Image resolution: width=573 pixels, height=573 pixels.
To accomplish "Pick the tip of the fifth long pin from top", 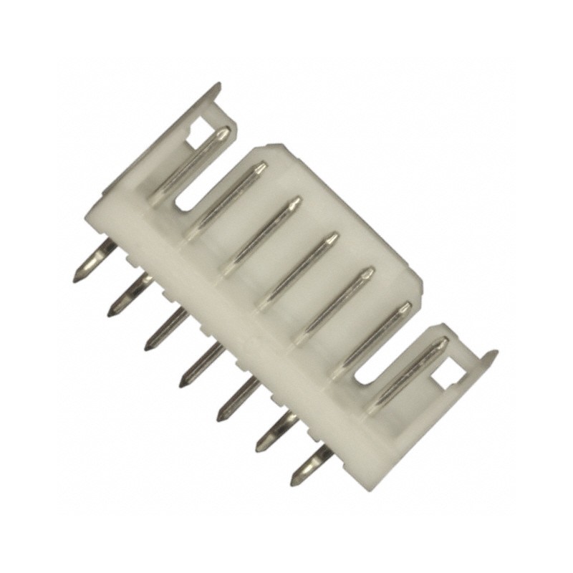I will click(369, 273).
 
